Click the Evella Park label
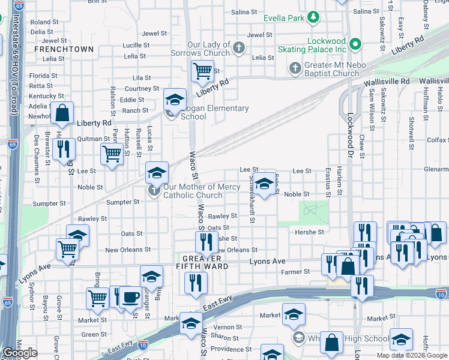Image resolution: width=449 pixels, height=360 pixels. (288, 18)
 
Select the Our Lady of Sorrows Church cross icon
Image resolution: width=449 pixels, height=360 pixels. (239, 48)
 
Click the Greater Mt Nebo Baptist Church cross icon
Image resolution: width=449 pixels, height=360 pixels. (295, 68)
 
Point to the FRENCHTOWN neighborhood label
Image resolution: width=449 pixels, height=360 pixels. (64, 49)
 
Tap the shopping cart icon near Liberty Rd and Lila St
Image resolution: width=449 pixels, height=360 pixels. (202, 71)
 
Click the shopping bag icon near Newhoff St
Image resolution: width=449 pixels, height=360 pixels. (62, 112)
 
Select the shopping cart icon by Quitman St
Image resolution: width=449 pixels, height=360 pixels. (112, 154)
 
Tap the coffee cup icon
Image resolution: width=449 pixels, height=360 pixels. (130, 296)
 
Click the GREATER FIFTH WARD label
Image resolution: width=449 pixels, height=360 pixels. (202, 262)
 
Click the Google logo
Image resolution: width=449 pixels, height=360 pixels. (19, 353)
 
